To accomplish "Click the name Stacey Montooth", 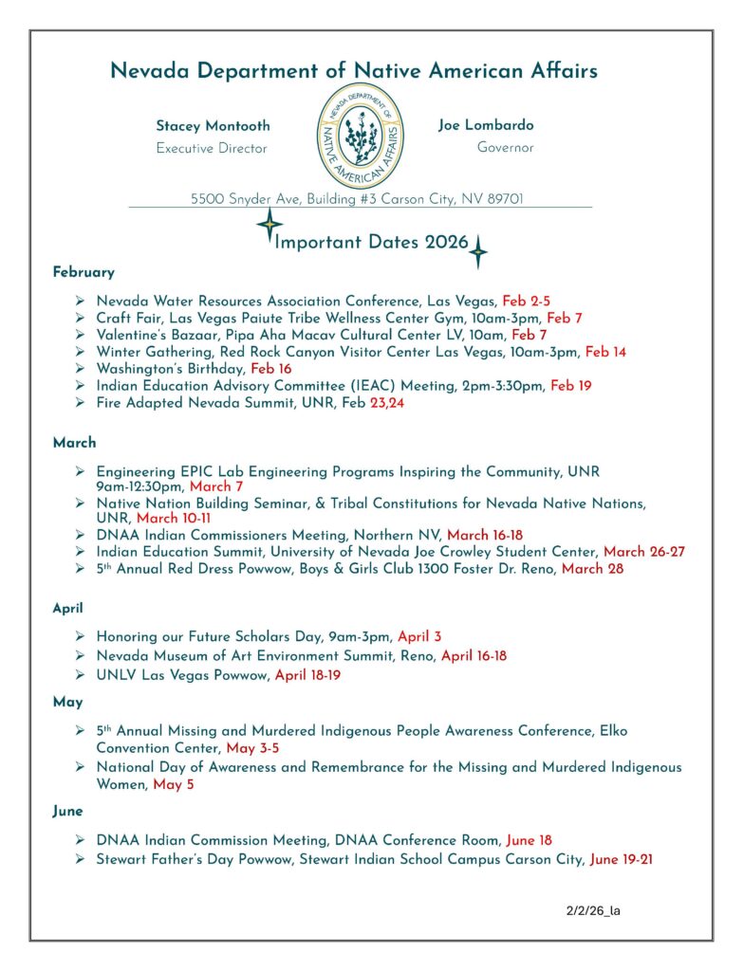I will tap(213, 126).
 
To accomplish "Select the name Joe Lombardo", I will tap(486, 125).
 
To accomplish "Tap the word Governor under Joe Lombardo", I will tap(505, 148).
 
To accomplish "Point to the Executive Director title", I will tap(212, 149).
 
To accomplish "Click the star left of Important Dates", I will tap(269, 226).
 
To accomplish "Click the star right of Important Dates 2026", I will tap(478, 251).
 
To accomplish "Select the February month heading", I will tap(84, 272).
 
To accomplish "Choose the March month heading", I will tap(74, 442).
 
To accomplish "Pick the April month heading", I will tap(68, 609).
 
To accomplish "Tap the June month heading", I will tap(68, 812).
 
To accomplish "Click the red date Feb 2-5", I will tap(527, 301).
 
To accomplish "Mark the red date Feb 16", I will tap(271, 369).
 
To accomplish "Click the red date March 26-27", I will tap(644, 552).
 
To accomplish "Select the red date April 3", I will tap(419, 637).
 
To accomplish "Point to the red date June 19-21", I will tap(621, 860).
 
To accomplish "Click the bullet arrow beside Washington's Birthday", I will tap(81, 369).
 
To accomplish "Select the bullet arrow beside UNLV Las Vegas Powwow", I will tap(81, 675).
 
